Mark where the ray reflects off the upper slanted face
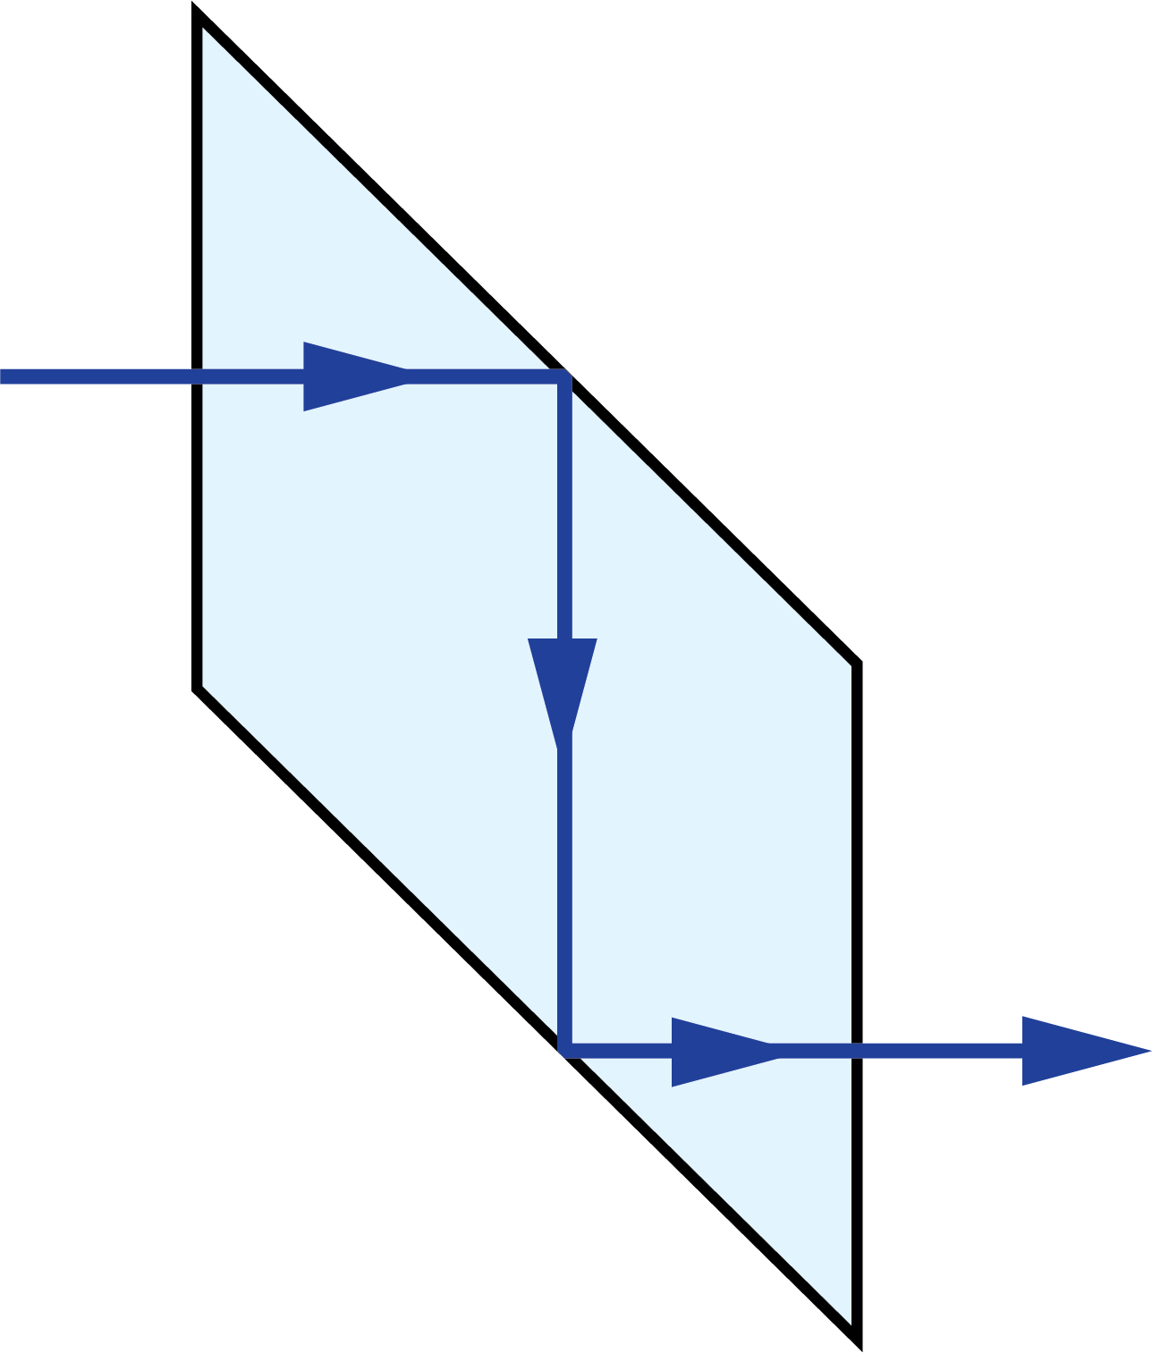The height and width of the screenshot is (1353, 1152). [563, 376]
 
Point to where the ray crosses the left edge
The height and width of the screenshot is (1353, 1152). [198, 376]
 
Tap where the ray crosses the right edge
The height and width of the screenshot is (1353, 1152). [857, 1051]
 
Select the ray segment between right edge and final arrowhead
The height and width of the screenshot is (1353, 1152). [939, 1051]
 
